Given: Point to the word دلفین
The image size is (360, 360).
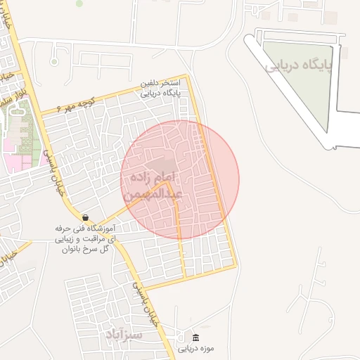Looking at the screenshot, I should (x=156, y=83).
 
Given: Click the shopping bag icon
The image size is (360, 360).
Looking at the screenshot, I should (x=85, y=217).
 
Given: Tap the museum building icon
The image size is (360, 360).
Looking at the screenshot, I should (x=195, y=337).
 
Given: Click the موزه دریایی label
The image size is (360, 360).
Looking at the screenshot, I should (x=195, y=348).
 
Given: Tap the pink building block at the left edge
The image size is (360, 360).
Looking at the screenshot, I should (x=12, y=155).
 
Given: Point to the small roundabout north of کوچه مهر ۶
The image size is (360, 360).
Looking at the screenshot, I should (x=54, y=62).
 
